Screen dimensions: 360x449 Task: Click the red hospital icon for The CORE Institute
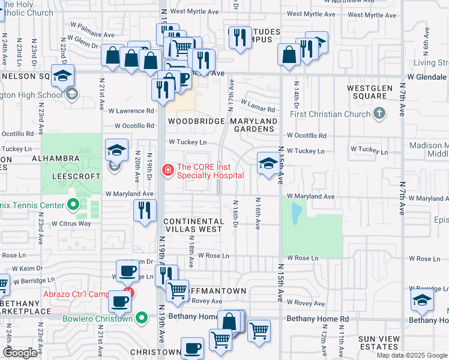point(167,171)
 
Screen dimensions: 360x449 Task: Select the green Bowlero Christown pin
point(142,318)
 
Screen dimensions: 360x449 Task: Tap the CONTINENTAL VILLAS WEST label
point(193,226)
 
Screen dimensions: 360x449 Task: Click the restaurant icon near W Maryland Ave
point(145,210)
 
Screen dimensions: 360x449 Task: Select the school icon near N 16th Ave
point(268,163)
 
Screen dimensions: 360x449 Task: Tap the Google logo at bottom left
point(20,353)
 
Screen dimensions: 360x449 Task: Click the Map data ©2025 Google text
point(412,355)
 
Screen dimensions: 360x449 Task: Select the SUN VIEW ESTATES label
point(387,343)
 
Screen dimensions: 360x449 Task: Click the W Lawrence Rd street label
point(131,111)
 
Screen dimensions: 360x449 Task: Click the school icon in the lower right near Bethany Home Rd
point(423,301)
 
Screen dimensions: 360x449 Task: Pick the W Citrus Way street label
point(71,224)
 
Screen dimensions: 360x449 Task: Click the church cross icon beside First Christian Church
point(379,113)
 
